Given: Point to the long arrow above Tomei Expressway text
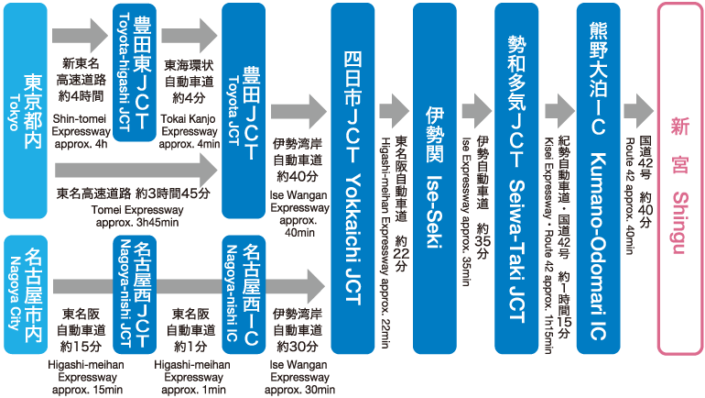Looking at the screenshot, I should tap(137, 169).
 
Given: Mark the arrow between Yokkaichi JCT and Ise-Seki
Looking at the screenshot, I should tap(395, 107).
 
